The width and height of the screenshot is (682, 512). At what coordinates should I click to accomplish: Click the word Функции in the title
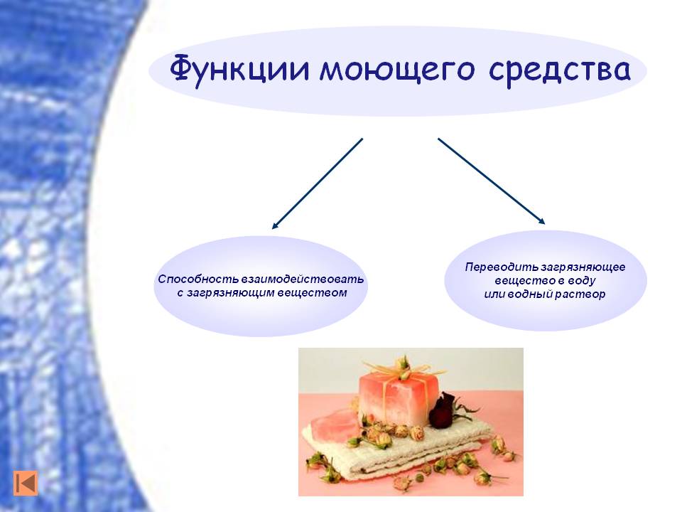pyautogui.click(x=239, y=69)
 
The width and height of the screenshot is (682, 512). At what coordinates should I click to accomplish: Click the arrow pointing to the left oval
pyautogui.click(x=317, y=183)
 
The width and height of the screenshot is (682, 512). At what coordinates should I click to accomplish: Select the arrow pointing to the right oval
pyautogui.click(x=491, y=181)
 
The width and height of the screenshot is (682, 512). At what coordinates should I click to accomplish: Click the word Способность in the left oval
pyautogui.click(x=198, y=279)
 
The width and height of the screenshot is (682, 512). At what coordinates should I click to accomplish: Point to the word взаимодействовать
pyautogui.click(x=303, y=279)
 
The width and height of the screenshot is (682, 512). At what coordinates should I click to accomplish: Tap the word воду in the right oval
pyautogui.click(x=580, y=280)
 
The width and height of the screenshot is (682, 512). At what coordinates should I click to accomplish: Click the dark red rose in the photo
pyautogui.click(x=443, y=410)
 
